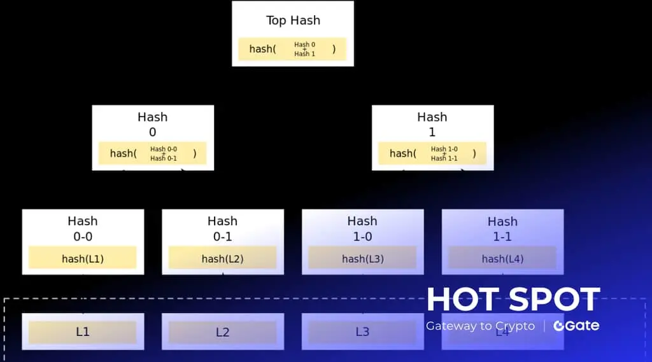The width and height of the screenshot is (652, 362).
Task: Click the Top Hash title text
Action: (x=292, y=20)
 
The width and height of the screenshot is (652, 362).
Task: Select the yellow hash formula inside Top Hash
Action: (x=292, y=49)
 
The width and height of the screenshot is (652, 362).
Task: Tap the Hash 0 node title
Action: (x=153, y=124)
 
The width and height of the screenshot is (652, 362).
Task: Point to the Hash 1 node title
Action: (x=432, y=124)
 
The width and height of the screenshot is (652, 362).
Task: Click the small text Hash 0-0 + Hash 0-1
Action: (x=164, y=153)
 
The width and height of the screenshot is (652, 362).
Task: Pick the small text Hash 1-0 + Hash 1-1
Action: (x=444, y=153)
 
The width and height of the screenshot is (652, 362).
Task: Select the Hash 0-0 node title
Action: (x=83, y=228)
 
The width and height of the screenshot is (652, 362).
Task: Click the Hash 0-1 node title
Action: (x=222, y=228)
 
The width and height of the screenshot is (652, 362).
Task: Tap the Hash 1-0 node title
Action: (x=362, y=228)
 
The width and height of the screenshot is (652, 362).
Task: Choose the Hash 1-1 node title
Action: (x=502, y=229)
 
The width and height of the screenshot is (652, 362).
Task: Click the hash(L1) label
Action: (x=83, y=259)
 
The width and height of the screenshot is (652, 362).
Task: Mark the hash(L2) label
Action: (x=222, y=259)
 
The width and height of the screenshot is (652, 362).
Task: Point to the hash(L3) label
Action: (x=362, y=259)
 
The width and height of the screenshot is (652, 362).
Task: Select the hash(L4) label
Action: (x=502, y=259)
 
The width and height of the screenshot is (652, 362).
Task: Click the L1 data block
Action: (x=83, y=332)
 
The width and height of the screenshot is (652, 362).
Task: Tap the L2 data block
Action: (x=222, y=332)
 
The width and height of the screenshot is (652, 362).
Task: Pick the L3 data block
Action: (x=362, y=332)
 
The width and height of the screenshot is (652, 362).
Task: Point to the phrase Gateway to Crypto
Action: (x=480, y=326)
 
